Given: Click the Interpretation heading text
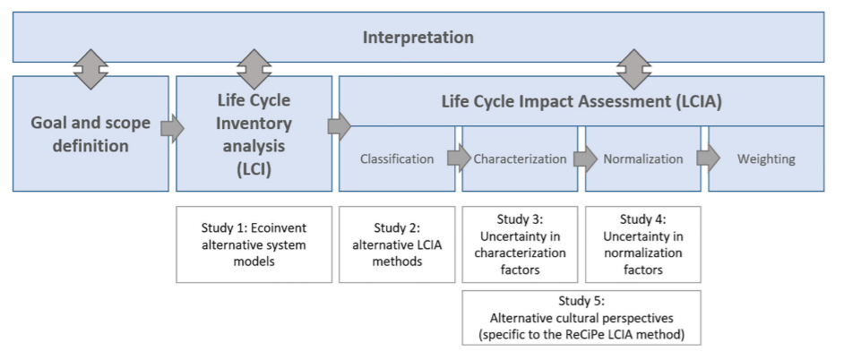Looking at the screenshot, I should (418, 38).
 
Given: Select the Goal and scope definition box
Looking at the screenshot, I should (90, 133).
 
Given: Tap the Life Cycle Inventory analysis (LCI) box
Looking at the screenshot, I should (254, 133).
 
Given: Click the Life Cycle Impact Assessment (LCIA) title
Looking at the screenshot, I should (581, 101).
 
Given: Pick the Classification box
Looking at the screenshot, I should (396, 159).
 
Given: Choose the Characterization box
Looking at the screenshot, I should (520, 159).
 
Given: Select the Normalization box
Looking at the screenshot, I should (642, 159).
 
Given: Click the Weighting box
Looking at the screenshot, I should (766, 159).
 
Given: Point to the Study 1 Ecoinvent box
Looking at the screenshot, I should (254, 244).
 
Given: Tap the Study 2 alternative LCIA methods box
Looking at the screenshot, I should (396, 244).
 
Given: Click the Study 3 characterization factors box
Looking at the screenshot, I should (520, 244).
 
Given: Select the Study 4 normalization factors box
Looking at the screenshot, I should (642, 244).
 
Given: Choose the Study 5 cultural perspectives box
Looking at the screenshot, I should (581, 318).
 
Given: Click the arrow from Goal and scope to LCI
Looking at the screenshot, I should (172, 129).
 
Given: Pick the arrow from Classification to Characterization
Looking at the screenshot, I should (459, 159).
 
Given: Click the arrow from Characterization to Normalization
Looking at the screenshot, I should (582, 159).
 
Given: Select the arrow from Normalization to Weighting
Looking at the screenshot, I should (706, 159).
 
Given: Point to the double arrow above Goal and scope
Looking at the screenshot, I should (90, 69).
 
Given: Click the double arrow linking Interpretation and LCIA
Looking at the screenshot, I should (635, 69).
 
